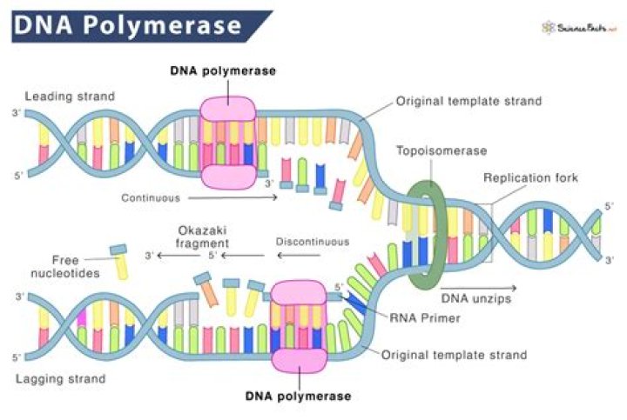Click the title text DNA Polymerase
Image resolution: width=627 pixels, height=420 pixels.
coord(127,25)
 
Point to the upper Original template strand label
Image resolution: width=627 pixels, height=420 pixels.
coord(469,101)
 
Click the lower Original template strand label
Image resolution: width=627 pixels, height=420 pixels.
coord(455,355)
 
